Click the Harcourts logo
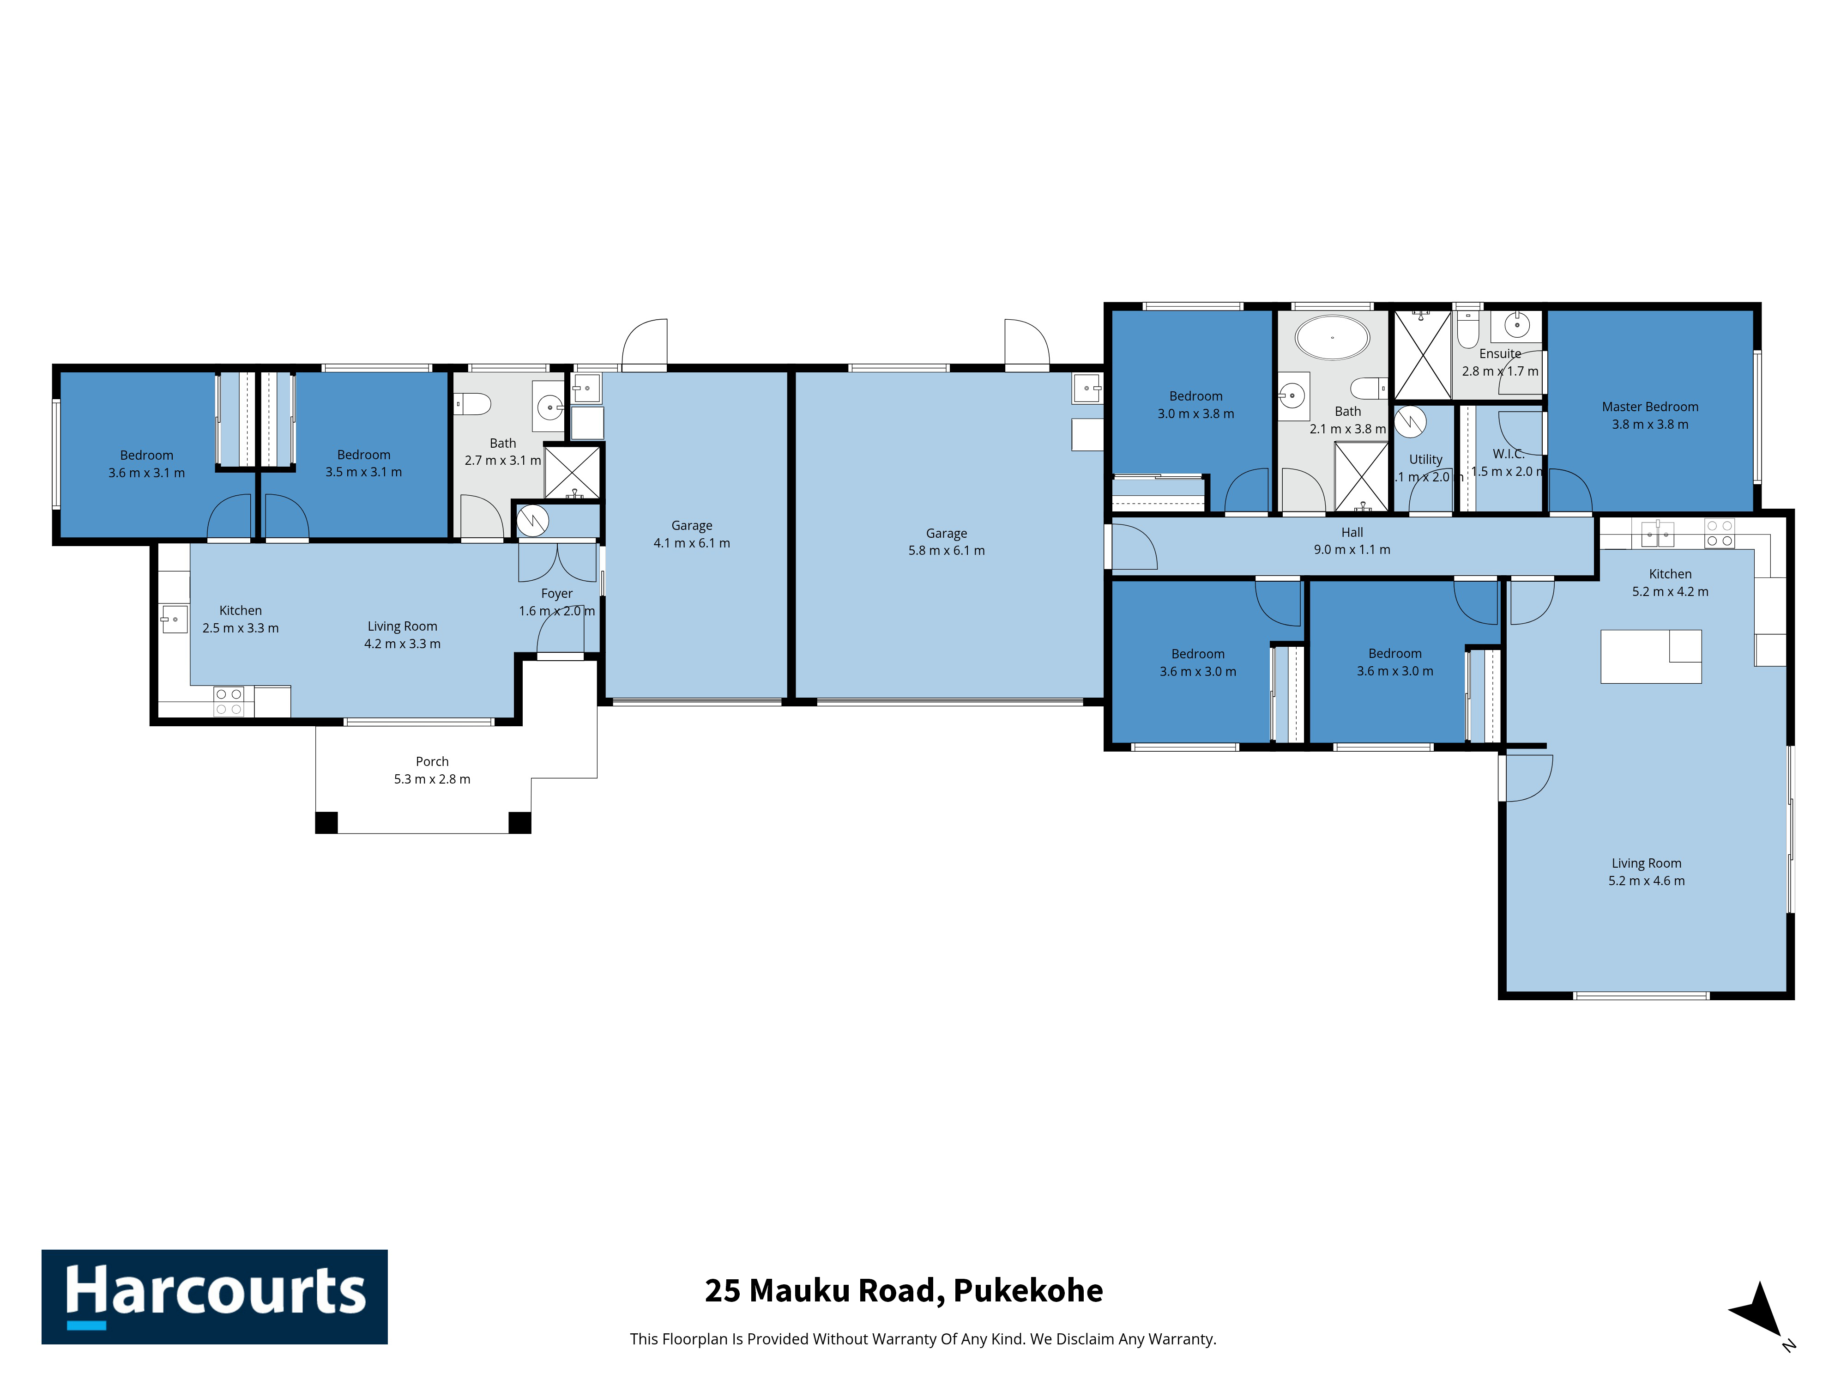(215, 1297)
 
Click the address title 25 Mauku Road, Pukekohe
(904, 1291)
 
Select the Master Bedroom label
(1650, 407)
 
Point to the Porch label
(433, 761)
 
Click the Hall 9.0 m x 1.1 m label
(1352, 541)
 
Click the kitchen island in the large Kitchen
(1651, 657)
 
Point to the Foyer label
(557, 593)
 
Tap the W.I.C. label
(1509, 454)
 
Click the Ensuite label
(1501, 353)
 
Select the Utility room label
(1426, 460)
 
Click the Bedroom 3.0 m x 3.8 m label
(1196, 404)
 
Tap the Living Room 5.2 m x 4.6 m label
(1647, 871)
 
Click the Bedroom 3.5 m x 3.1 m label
(363, 463)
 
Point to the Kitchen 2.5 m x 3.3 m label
(241, 619)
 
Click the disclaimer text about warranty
(923, 1339)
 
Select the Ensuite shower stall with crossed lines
(1423, 354)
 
